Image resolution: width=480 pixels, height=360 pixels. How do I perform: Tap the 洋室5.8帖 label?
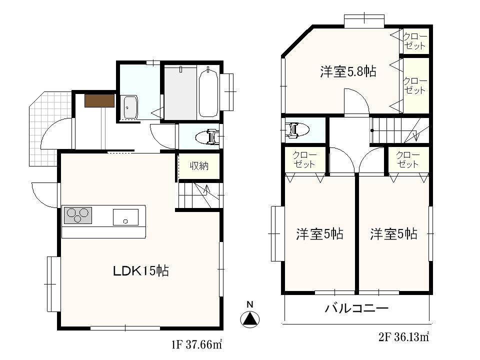point(348,72)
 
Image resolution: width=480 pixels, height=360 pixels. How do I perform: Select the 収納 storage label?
point(198,165)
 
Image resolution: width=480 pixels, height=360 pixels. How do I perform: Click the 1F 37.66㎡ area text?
point(196,344)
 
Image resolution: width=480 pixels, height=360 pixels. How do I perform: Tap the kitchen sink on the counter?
point(125,216)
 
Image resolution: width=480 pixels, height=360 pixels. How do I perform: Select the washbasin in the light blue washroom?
point(131,107)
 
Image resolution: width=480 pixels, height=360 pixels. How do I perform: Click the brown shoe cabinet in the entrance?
point(100,100)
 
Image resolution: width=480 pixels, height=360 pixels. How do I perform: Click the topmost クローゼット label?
point(414,41)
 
